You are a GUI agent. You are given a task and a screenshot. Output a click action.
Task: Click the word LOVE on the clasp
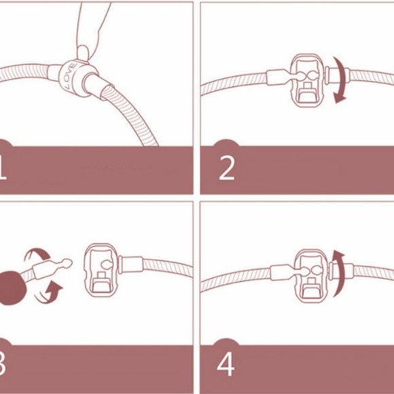[70, 76]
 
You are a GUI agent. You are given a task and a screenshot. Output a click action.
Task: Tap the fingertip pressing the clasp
[83, 53]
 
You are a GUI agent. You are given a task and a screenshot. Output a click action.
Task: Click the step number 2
[227, 168]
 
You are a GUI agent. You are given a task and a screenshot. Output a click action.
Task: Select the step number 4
[226, 364]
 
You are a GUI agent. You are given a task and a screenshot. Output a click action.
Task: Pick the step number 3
[2, 364]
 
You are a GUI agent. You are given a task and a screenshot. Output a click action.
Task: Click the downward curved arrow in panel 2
[340, 80]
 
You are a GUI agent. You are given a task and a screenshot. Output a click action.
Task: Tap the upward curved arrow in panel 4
[339, 273]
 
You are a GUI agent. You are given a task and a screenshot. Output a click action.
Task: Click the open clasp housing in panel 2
[306, 80]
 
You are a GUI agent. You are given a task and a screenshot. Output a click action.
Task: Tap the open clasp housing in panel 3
[101, 270]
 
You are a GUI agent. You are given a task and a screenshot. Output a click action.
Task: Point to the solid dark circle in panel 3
[12, 288]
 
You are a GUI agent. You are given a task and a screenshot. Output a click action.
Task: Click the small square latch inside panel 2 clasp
[307, 87]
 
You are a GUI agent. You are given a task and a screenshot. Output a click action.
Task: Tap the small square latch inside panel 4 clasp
[312, 283]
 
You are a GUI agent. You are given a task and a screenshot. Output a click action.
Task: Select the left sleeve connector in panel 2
[276, 77]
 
